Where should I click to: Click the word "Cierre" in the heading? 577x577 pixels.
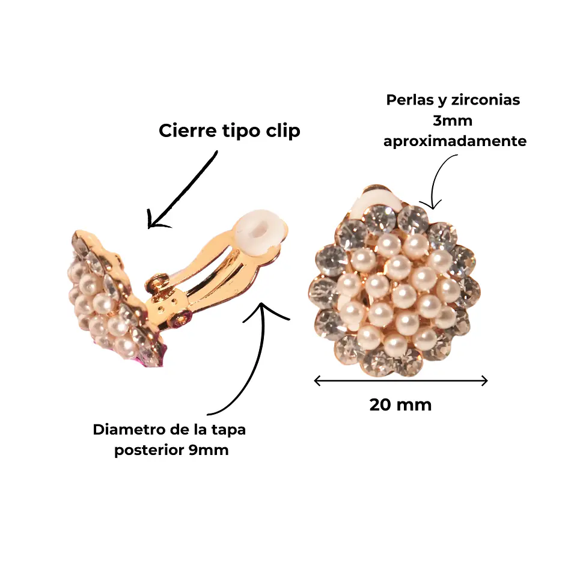(188, 130)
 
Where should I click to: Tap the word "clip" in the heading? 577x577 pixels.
(283, 132)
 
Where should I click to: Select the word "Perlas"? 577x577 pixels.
(411, 100)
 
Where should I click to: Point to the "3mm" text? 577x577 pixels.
(453, 120)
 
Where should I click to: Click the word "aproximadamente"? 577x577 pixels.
(455, 142)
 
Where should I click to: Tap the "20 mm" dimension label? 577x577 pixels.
(400, 405)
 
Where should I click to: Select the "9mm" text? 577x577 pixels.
(209, 450)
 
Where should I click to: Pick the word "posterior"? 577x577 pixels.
(149, 450)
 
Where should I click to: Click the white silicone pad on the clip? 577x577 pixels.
(260, 232)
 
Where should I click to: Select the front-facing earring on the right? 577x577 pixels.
(394, 281)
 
